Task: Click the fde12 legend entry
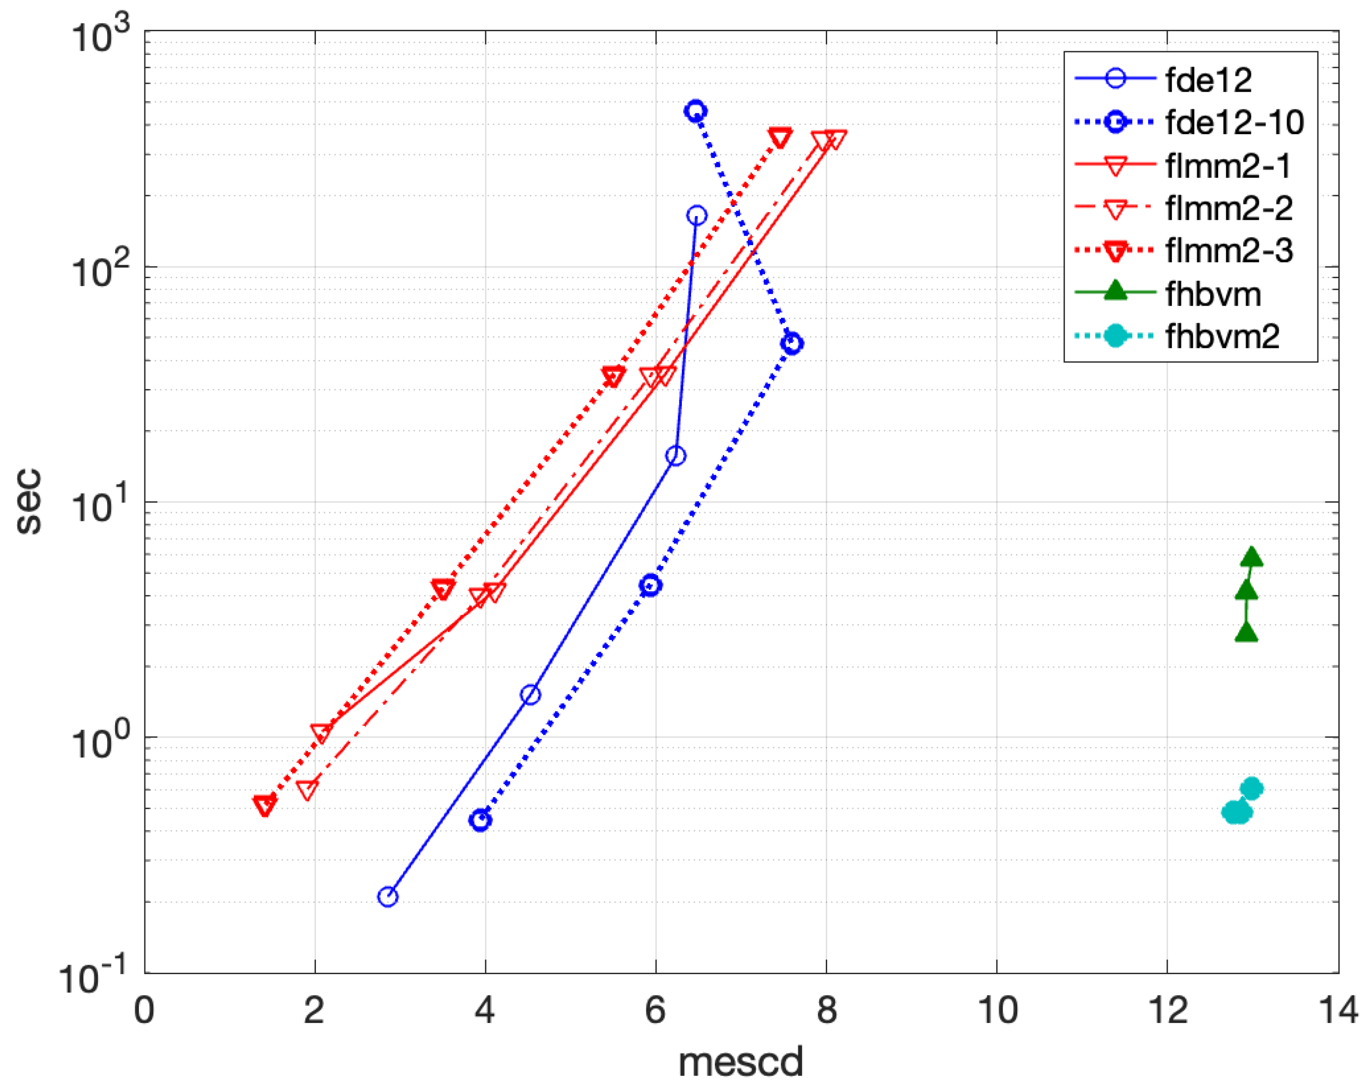click(1208, 80)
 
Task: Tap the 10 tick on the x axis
click(997, 1010)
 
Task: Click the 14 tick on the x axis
click(1338, 1010)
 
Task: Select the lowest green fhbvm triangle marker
click(1247, 633)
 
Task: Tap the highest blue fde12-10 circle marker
click(696, 111)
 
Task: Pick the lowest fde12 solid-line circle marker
click(388, 897)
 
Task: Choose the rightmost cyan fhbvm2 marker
click(1251, 789)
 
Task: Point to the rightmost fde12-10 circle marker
click(792, 344)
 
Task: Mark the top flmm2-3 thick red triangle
click(780, 138)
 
